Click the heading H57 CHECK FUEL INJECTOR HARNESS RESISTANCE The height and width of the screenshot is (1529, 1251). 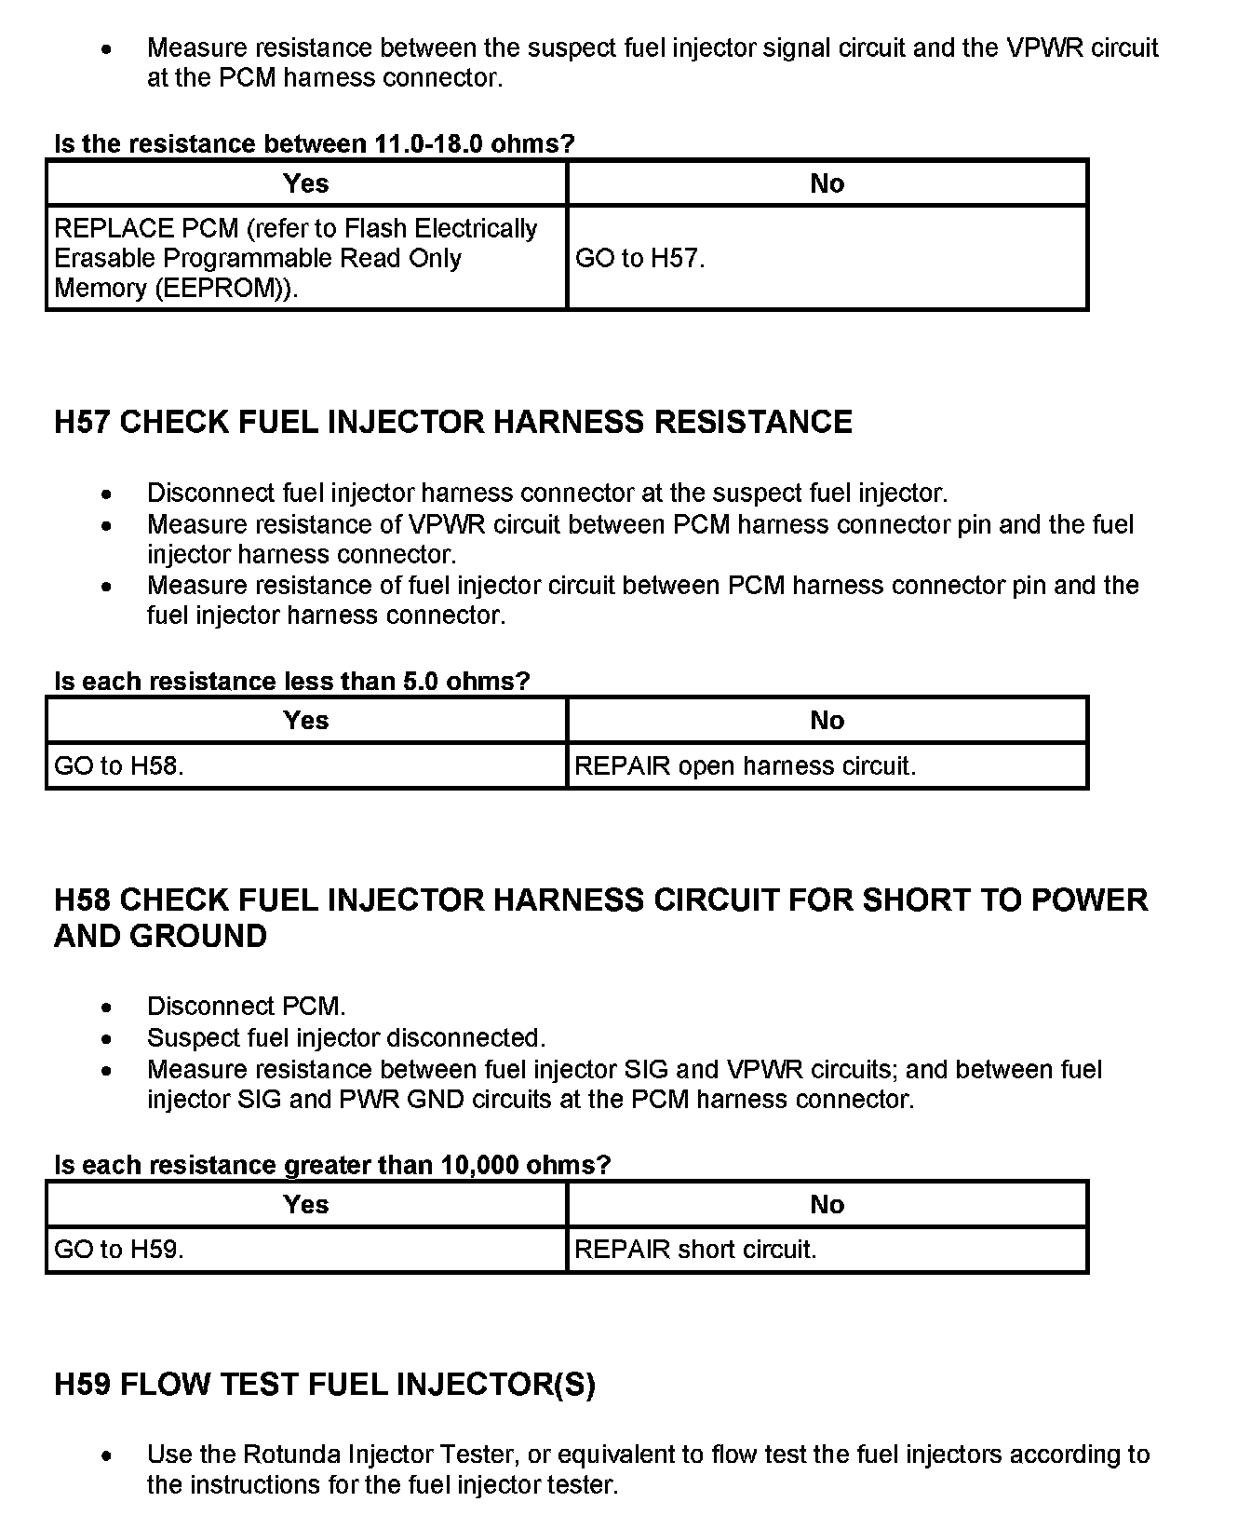point(453,422)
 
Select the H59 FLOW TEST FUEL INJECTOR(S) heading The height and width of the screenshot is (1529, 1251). point(325,1385)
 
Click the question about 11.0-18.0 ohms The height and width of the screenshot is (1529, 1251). point(315,143)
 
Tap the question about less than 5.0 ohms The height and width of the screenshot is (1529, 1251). point(291,681)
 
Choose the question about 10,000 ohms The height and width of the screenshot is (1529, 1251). point(332,1165)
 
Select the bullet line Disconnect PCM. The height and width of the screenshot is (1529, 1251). point(246,1006)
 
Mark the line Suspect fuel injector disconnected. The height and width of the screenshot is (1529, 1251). point(346,1037)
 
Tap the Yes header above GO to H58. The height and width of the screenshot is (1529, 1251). point(305,720)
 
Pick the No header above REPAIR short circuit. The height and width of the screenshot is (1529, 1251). point(827,1204)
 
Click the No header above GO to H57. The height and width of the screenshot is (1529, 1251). point(827,183)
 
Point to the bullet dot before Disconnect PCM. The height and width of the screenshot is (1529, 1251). point(109,1007)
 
